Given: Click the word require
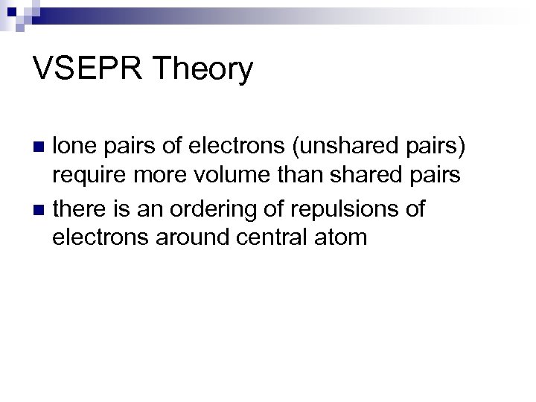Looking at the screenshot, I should click(92, 176).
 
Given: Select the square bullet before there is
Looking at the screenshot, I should click(42, 209).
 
